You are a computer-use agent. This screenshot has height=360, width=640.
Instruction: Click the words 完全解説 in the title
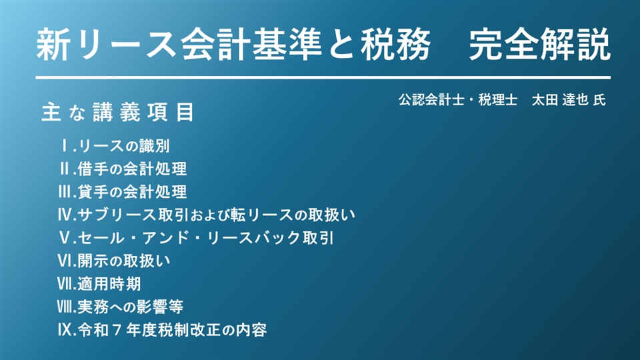pos(539,44)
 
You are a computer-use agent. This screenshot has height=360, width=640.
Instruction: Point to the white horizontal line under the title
pos(323,77)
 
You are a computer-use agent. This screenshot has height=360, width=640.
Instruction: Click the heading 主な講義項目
pos(117,112)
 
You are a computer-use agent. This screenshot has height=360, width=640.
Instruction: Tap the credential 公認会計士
pos(431,100)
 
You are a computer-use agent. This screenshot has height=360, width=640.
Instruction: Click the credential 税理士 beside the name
pos(497,100)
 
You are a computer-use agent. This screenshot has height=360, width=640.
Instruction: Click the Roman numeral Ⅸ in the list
pos(65,330)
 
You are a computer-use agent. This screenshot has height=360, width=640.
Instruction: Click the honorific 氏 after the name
pos(599,100)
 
